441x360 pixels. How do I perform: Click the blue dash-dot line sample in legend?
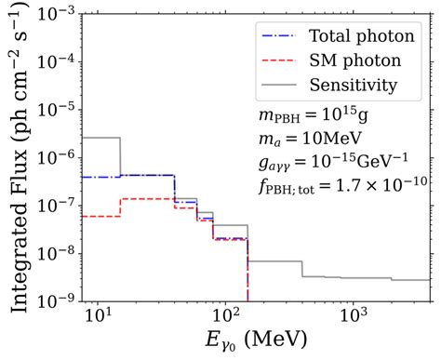coord(278,38)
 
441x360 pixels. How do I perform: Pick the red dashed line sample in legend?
coord(278,62)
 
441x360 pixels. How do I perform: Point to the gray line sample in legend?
coord(278,87)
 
